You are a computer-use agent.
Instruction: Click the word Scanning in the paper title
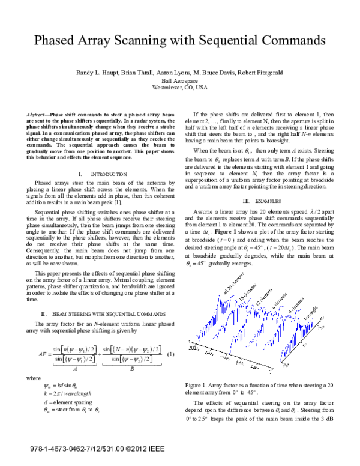click(158, 41)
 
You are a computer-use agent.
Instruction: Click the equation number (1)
click(170, 354)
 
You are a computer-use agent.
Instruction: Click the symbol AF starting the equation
click(42, 354)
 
